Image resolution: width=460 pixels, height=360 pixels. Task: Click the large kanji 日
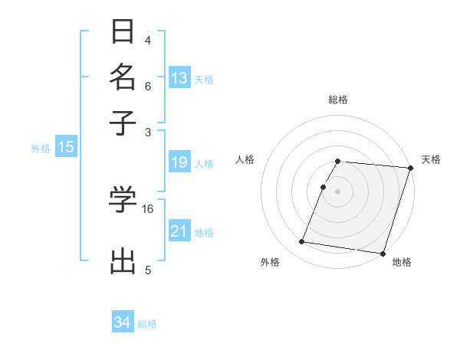click(123, 32)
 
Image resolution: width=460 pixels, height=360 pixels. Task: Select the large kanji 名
click(123, 77)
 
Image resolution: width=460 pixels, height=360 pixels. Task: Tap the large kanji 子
click(123, 122)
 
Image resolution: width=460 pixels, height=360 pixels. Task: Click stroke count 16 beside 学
click(148, 208)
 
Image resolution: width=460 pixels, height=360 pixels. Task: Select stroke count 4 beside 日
click(147, 40)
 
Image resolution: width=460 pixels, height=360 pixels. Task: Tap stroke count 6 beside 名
click(147, 87)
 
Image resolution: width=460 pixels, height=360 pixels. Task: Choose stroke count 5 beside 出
click(147, 269)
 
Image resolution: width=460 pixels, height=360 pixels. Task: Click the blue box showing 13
click(179, 77)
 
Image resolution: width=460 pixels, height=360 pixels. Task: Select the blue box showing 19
click(179, 162)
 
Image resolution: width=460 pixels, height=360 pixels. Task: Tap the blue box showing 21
click(179, 231)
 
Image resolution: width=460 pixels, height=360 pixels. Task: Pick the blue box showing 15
click(66, 147)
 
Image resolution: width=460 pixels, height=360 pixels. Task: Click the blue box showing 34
click(123, 322)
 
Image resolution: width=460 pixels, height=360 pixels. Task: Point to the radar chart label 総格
click(338, 100)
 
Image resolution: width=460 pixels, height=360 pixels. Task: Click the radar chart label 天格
click(431, 159)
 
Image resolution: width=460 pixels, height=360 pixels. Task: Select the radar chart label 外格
click(270, 262)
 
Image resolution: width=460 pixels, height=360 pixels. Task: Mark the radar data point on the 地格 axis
click(383, 253)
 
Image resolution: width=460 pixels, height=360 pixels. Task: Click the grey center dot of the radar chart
click(338, 191)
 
